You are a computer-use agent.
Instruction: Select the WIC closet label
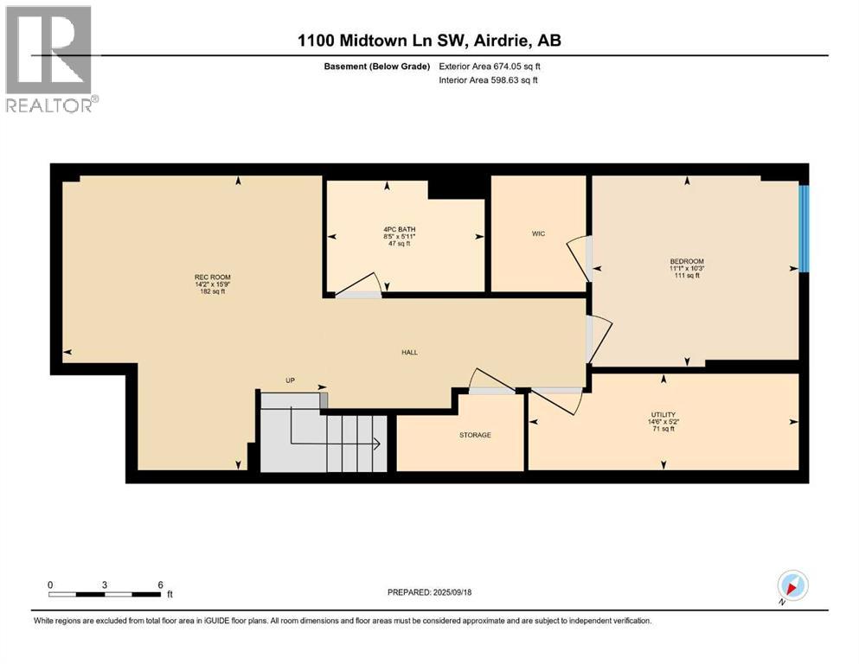coord(538,233)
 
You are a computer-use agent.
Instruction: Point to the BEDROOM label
coord(686,261)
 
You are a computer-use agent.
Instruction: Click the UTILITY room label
coord(663,414)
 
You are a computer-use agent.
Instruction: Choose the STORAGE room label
coord(475,435)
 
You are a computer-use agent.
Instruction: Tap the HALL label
coord(409,352)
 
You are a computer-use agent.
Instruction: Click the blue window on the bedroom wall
coord(803,228)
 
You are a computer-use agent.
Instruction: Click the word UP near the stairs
coord(292,380)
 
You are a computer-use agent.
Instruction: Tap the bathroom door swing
coord(359,286)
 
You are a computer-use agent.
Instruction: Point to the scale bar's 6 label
coord(160,584)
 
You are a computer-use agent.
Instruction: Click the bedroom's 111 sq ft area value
coord(686,276)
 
